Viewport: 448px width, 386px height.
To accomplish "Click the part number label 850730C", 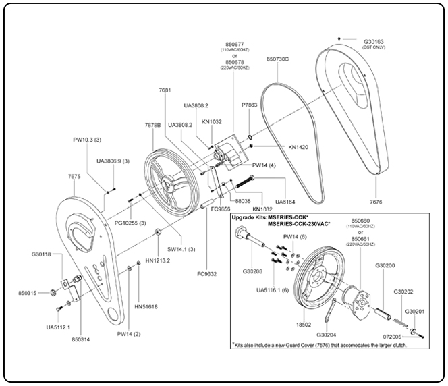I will [x=277, y=59].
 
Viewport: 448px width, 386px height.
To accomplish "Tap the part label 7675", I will [x=75, y=176].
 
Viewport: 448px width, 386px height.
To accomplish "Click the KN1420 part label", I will [x=298, y=146].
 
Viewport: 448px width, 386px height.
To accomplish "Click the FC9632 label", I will [x=206, y=274].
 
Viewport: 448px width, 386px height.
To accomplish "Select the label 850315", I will [x=31, y=294].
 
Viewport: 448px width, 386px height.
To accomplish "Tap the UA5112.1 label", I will [x=58, y=327].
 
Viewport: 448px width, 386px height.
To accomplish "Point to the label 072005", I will [x=391, y=335].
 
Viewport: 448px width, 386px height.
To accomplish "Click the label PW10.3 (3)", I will [x=87, y=140].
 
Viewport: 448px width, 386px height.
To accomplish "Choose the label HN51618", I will [x=146, y=307].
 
